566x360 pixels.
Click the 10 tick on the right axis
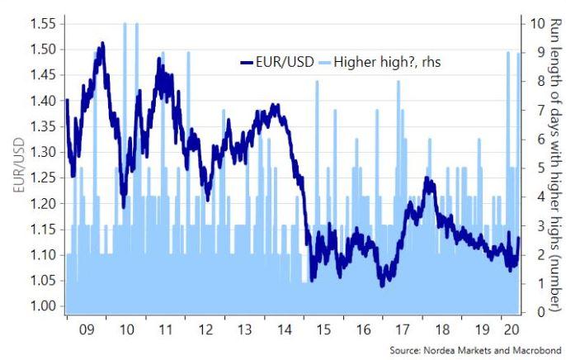pos(537,24)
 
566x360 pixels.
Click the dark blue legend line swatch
pos(248,61)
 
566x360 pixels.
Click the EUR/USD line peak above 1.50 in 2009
pos(101,43)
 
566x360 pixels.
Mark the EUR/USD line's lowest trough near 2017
pos(381,285)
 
